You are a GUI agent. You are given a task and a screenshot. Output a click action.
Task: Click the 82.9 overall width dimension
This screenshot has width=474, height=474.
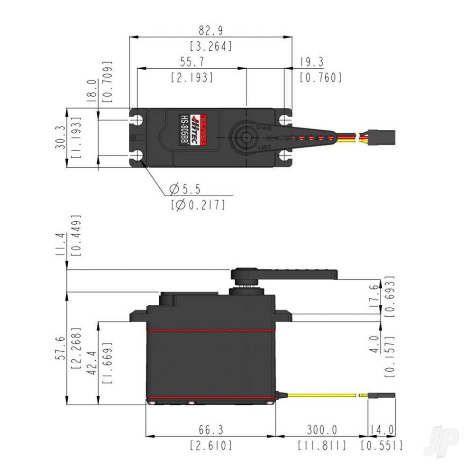(x=210, y=31)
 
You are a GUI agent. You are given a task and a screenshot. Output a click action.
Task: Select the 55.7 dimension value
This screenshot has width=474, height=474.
(x=191, y=62)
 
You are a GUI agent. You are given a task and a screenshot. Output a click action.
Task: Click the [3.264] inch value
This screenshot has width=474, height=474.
(x=210, y=46)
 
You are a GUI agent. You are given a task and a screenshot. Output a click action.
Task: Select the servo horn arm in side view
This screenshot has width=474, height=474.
(x=294, y=274)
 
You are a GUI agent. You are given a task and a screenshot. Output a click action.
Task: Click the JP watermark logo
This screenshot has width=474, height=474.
(x=441, y=441)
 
